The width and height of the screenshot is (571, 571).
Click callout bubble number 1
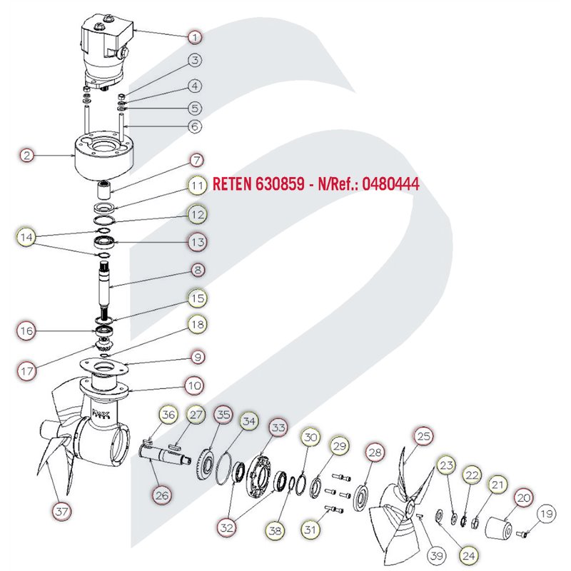(195, 37)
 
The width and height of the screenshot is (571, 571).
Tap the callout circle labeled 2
(26, 156)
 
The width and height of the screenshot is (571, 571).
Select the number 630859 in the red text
(280, 183)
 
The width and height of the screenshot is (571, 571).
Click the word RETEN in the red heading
(231, 183)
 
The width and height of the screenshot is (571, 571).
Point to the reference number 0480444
(390, 184)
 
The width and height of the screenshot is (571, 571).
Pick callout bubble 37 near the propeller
(61, 511)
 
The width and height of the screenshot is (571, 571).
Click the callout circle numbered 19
(546, 513)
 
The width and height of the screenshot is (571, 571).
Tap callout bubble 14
(26, 238)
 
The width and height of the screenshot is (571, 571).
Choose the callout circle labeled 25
(424, 436)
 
